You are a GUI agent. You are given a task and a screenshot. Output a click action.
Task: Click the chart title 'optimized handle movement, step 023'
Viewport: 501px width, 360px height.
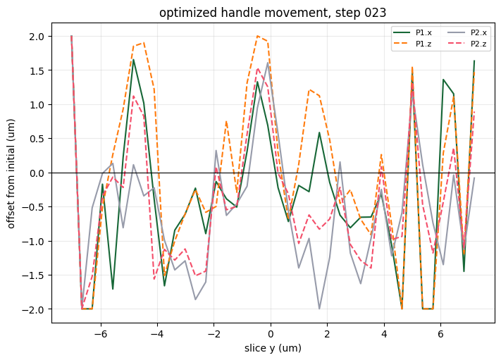273,13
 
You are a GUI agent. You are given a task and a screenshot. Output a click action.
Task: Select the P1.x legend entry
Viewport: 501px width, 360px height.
412,32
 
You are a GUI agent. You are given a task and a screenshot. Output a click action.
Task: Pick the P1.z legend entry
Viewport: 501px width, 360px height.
412,44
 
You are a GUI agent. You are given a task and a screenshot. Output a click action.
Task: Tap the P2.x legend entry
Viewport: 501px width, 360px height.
467,32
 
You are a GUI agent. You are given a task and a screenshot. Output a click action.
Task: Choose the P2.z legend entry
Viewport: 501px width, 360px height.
467,44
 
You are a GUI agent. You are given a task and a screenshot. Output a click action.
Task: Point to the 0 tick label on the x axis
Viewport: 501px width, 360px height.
271,334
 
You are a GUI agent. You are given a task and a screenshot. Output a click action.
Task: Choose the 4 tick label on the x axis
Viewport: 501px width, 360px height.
384,334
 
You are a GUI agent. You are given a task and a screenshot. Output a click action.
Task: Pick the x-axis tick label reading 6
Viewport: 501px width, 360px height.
440,334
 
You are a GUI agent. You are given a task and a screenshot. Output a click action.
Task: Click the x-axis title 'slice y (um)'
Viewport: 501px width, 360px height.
273,348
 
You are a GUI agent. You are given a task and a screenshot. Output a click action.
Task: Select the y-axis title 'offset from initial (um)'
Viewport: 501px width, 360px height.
11,173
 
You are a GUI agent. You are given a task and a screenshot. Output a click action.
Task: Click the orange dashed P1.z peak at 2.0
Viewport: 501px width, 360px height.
257,36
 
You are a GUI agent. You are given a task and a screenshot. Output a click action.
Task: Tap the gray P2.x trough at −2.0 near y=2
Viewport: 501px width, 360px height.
319,309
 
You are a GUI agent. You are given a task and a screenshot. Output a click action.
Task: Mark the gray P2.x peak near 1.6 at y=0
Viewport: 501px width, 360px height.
268,63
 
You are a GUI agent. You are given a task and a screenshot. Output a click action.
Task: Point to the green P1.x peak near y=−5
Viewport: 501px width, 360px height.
134,59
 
